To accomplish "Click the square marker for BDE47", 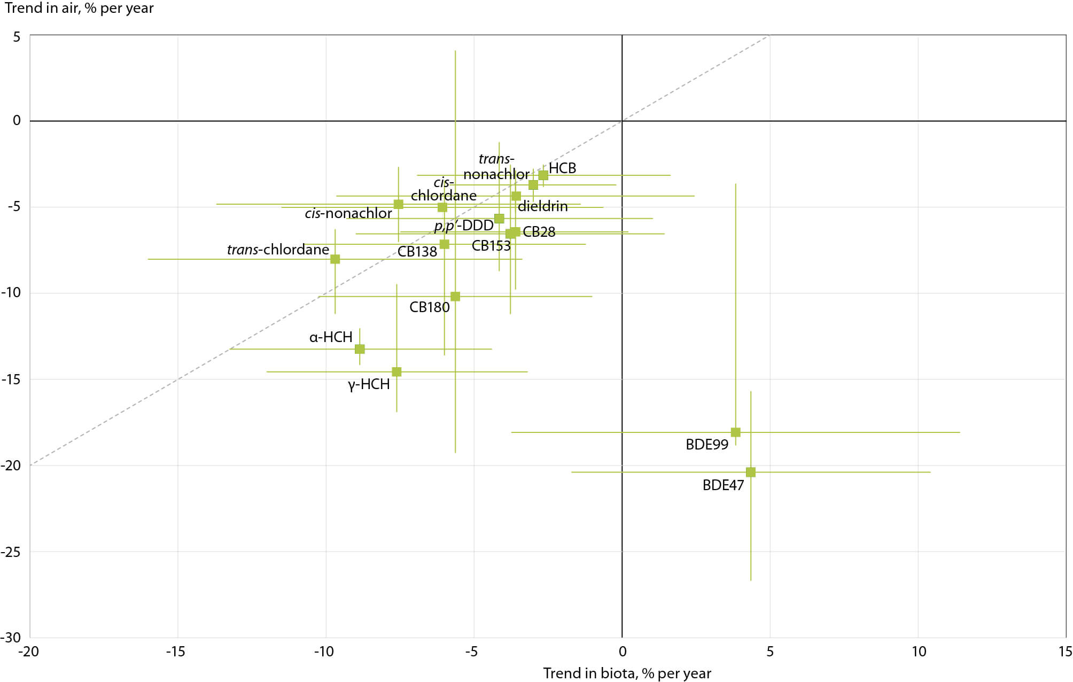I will point(750,472).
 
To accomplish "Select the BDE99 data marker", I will point(735,432).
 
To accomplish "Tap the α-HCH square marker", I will point(360,349).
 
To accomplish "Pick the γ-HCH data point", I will point(396,371).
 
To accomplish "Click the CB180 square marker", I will point(455,296).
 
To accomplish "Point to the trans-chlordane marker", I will point(335,259).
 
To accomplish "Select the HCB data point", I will point(543,175).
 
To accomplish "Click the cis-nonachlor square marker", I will point(398,204).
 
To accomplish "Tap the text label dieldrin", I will point(542,206).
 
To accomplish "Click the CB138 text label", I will point(417,252).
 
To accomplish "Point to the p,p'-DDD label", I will point(463,226).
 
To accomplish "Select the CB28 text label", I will point(539,232).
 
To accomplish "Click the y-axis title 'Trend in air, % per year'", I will point(79,8).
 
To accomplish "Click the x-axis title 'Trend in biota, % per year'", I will point(627,673).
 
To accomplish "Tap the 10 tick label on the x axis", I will point(919,652).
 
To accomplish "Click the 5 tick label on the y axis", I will point(17,36).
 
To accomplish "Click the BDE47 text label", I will point(722,485).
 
